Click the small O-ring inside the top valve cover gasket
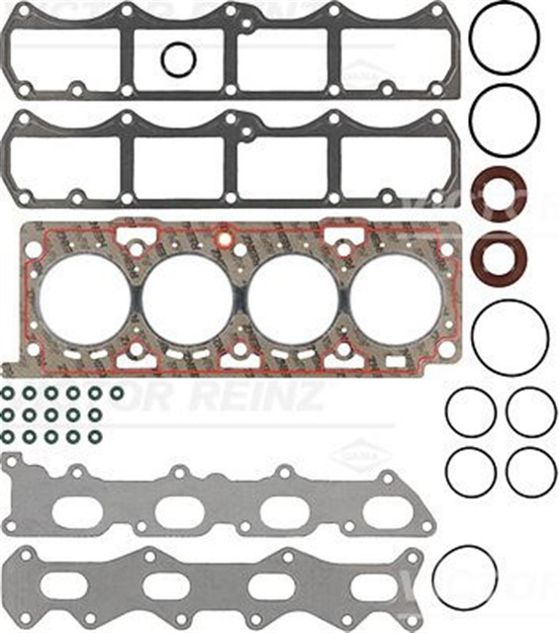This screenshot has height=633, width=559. (178, 59)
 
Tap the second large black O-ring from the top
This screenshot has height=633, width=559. (505, 117)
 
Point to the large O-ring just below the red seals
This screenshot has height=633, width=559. (510, 337)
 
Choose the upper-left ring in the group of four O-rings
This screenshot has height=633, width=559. (470, 411)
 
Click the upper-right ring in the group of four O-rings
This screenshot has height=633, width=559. (531, 411)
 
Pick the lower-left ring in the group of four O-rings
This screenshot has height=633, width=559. (470, 473)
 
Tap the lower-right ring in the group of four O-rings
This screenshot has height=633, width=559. (531, 473)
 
